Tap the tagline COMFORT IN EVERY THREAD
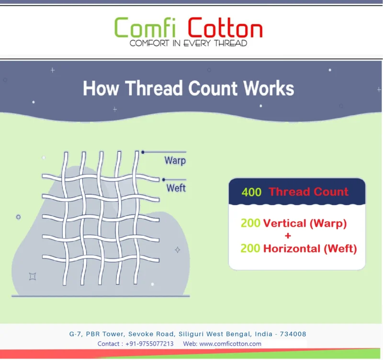point(188,43)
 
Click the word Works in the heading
point(268,89)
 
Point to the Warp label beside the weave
point(175,161)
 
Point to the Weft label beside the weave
point(176,188)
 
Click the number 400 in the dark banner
point(251,192)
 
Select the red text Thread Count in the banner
point(308,192)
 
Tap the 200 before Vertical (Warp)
point(250,223)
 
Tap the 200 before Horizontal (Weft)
point(250,249)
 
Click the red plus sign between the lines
point(288,236)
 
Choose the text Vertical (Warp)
point(305,223)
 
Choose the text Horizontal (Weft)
point(310,249)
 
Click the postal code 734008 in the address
point(293,334)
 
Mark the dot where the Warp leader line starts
point(143,152)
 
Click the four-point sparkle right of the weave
point(178,250)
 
